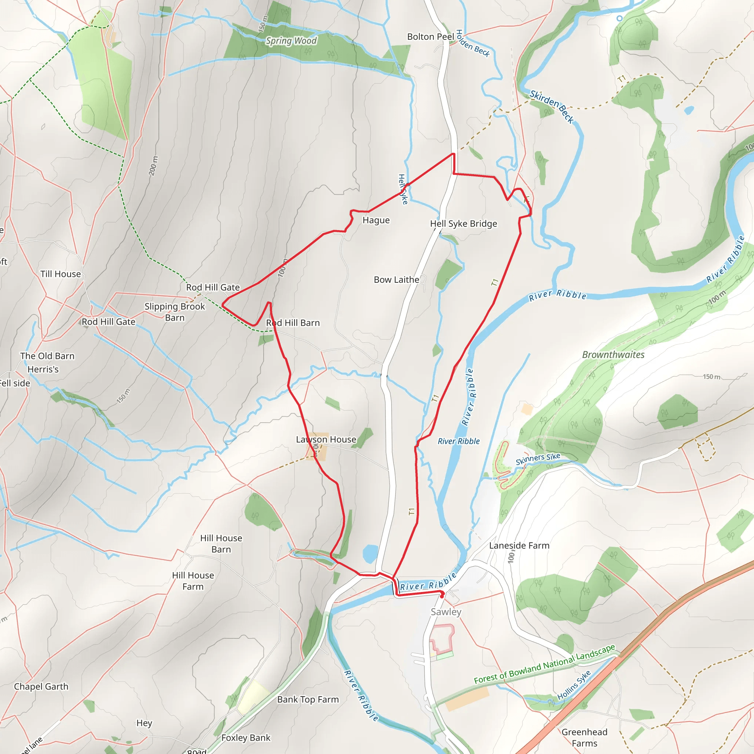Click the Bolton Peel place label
point(430,37)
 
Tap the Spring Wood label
point(291,40)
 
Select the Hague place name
point(376,220)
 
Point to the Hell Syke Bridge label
point(463,223)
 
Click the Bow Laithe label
point(396,279)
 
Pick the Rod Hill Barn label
point(293,323)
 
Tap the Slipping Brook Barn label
point(175,312)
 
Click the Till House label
point(60,274)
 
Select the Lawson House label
point(326,440)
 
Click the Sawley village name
point(446,612)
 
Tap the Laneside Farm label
point(519,545)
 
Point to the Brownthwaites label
point(613,355)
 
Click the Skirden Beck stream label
point(552,106)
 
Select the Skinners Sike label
point(538,459)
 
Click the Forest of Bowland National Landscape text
point(545,664)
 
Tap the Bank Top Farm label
point(308,700)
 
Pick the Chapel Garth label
point(41,687)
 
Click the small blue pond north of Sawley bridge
point(370,553)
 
